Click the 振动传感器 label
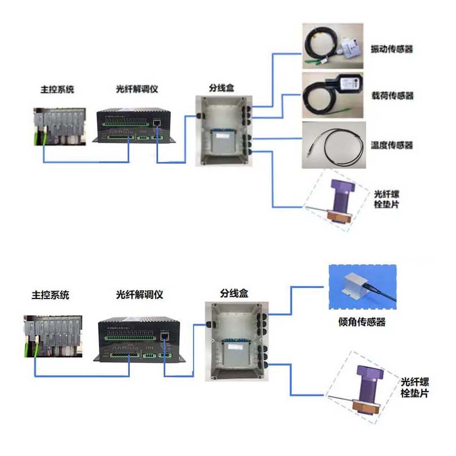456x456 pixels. (x=392, y=49)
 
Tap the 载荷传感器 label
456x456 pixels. (x=392, y=95)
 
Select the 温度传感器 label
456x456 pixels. (x=392, y=145)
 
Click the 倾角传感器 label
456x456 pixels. (x=362, y=322)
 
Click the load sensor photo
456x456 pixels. (x=332, y=95)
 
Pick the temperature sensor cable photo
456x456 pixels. (x=332, y=145)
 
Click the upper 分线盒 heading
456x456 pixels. (x=220, y=87)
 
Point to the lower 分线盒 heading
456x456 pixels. (x=232, y=293)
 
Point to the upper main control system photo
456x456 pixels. (x=59, y=125)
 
